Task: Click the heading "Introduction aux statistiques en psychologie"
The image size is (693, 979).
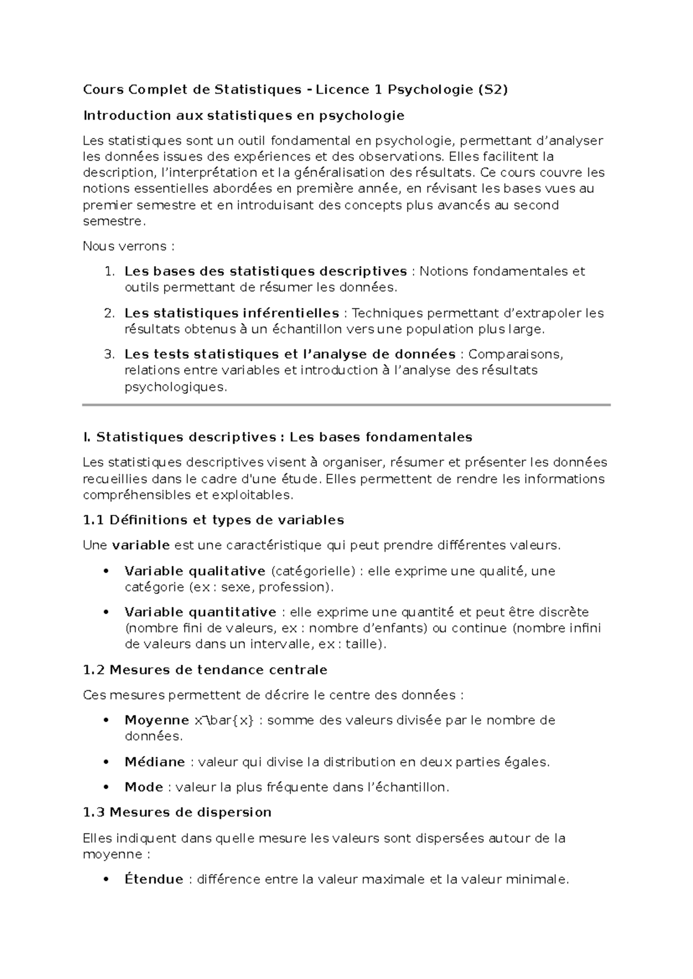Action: pos(244,115)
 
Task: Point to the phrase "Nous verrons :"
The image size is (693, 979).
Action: pos(128,246)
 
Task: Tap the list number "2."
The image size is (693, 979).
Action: pos(110,313)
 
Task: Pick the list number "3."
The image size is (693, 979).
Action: pos(110,354)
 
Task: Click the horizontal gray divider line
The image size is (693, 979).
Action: pos(346,405)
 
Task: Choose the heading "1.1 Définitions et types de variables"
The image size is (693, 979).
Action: pos(213,520)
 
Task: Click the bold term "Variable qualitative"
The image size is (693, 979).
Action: pos(195,571)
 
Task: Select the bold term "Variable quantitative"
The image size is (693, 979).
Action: pos(200,612)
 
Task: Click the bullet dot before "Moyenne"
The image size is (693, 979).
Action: pos(105,720)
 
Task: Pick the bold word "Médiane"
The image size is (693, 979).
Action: pos(155,762)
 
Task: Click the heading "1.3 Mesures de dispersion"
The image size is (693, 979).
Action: pos(177,813)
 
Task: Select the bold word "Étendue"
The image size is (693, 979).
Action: pos(154,880)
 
